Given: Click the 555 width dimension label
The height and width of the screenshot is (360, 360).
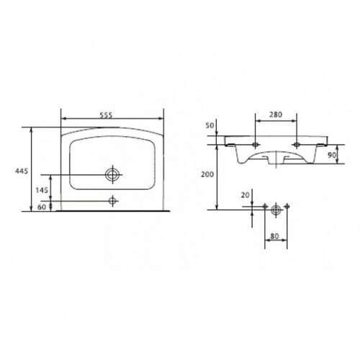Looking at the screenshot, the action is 106,115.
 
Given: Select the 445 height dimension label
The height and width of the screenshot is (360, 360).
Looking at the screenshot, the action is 22,171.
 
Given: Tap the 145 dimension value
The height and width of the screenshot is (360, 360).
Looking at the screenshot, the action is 42,190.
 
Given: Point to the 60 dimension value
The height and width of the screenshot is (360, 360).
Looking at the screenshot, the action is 42,207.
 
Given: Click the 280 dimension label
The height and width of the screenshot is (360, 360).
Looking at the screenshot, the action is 276,114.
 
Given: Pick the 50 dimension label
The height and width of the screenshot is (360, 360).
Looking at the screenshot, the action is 210,125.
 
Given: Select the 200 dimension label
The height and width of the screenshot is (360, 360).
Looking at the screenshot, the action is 207,174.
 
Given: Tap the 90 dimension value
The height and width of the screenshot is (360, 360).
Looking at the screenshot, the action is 332,155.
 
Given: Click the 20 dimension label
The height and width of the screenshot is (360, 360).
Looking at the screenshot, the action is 246,195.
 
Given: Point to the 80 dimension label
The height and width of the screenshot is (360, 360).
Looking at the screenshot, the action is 274,236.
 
